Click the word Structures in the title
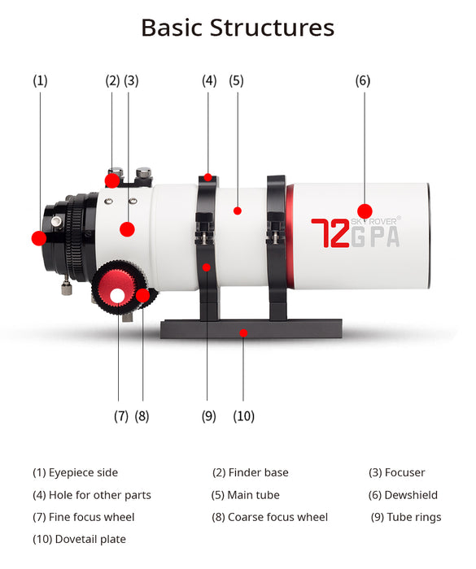coord(272,28)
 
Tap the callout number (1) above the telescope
coord(40,80)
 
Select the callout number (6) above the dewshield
coord(363,80)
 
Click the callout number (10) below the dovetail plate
coord(243,416)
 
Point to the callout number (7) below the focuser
coord(121,416)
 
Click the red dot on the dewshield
coord(365,211)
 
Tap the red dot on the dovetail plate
coord(243,332)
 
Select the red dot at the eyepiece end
coord(39,238)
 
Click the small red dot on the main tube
coord(238,211)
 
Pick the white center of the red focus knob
coord(117,296)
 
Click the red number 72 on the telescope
coord(330,233)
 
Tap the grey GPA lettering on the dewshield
coord(375,237)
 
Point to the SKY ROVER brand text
coord(375,221)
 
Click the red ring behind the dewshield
coord(290,236)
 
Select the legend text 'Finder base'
coord(259,472)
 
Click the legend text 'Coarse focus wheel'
coord(277,517)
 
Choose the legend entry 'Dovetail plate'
coord(90,539)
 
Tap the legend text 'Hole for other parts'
coord(100,495)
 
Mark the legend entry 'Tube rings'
coord(414,518)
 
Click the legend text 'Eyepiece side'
coord(83,473)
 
